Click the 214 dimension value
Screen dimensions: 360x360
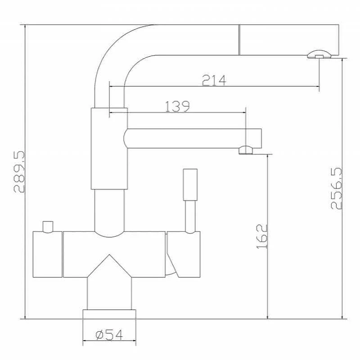point(214,81)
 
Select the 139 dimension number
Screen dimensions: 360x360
point(177,106)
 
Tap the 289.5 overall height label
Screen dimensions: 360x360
point(19,172)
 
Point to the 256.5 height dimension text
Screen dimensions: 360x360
point(336,189)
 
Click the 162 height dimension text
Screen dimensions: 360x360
point(262,237)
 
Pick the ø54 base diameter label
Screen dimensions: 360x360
point(109,335)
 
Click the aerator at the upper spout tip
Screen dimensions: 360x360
point(319,54)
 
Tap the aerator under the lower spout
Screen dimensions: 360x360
point(246,150)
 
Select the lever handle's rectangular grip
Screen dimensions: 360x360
point(190,185)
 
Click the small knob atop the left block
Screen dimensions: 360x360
point(48,227)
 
